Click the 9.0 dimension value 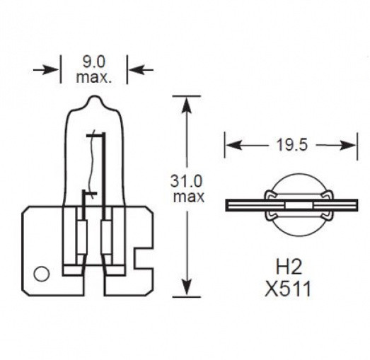point(94,62)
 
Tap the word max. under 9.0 point(93,77)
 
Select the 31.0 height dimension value point(187,181)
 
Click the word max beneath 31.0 point(189,197)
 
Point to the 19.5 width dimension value point(292,145)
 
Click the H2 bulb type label point(289,267)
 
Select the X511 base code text point(288,289)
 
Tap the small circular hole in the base point(42,274)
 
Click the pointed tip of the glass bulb point(95,96)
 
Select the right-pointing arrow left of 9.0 point(46,70)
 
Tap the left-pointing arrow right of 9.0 point(141,70)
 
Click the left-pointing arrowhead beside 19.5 point(233,145)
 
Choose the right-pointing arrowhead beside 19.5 point(348,145)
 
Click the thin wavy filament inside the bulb point(91,161)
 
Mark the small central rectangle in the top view point(299,206)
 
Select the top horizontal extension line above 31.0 point(187,96)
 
